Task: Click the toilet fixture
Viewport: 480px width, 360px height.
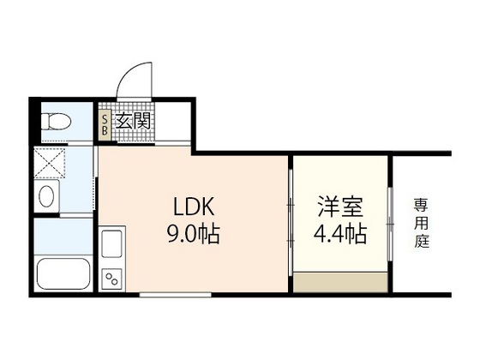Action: coord(55,120)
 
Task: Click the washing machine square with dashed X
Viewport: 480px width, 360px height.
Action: coord(50,162)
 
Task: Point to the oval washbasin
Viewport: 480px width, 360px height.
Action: coord(46,196)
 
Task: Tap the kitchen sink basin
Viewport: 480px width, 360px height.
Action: coord(112,248)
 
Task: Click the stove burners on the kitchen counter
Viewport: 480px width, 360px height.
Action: coord(111,276)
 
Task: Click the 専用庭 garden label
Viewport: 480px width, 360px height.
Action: coord(421,223)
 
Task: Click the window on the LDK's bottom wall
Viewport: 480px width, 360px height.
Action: coord(176,294)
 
